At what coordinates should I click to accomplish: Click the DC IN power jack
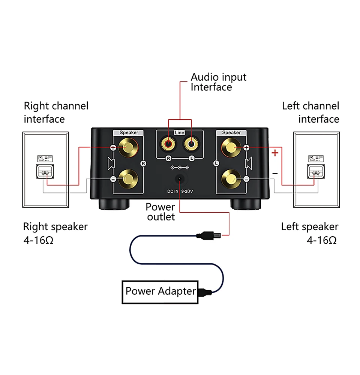click(x=180, y=179)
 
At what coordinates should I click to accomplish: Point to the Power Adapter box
click(x=160, y=291)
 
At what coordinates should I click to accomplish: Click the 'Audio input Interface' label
click(x=218, y=82)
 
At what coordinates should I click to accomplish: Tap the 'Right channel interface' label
click(x=56, y=112)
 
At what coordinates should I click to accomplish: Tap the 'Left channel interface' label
click(x=310, y=112)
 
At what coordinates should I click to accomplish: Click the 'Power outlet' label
click(x=160, y=212)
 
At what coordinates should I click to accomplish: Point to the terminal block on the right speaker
click(x=45, y=172)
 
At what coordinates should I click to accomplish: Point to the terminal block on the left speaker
click(x=314, y=172)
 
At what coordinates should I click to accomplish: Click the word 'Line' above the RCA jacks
click(x=180, y=133)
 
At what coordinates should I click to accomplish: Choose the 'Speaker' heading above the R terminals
click(x=129, y=132)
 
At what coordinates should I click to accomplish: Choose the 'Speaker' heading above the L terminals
click(x=231, y=132)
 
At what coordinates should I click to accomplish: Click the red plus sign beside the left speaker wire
click(x=275, y=153)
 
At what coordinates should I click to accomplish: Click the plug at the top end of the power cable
click(x=208, y=235)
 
